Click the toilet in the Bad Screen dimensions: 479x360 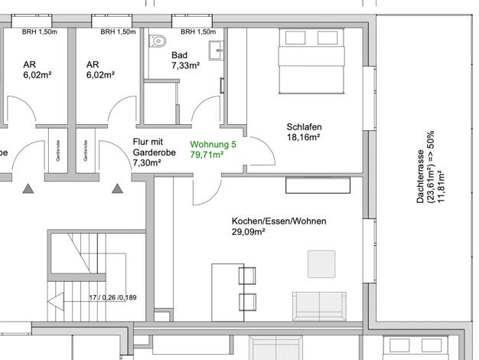158,41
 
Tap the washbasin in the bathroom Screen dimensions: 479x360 217,51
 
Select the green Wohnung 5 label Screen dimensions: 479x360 213,144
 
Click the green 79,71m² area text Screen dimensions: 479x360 207,155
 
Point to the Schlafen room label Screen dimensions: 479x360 304,126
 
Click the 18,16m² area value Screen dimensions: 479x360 303,137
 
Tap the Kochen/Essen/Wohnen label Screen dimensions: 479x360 279,221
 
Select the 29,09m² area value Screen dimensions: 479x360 248,231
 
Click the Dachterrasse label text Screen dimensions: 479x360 421,176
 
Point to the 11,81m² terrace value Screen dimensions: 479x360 441,186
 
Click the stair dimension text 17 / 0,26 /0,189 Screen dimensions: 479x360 112,297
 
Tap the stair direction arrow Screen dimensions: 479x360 56,301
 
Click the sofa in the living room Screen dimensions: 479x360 319,306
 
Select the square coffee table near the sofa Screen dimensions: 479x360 321,264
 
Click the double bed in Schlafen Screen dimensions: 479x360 311,61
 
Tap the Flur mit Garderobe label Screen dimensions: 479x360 155,147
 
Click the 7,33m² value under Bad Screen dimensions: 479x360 186,65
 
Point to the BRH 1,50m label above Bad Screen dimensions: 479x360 198,32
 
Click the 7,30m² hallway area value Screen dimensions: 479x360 147,162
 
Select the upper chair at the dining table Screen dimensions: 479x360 247,276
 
